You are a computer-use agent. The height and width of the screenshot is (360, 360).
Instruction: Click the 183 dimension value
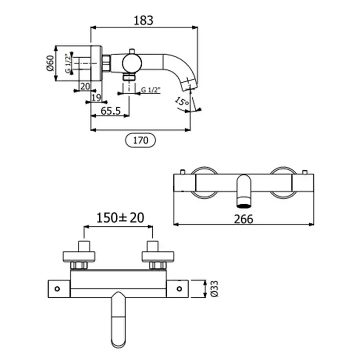coord(143,21)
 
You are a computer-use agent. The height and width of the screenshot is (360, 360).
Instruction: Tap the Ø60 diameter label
coord(50,63)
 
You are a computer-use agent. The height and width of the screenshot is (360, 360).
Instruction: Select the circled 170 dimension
coord(140,140)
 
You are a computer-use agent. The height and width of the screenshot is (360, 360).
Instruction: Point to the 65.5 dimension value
coord(111,111)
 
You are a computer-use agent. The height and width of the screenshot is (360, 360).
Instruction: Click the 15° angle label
coord(182,101)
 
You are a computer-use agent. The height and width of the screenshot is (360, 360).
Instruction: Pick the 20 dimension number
coord(85,86)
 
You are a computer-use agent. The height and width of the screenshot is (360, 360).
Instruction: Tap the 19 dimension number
coord(96,98)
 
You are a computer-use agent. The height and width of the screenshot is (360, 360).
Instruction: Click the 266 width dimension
coord(244,219)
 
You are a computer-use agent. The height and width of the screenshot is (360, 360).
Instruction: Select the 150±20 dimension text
coord(120,218)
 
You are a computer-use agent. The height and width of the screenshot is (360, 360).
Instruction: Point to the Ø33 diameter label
coord(214,289)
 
